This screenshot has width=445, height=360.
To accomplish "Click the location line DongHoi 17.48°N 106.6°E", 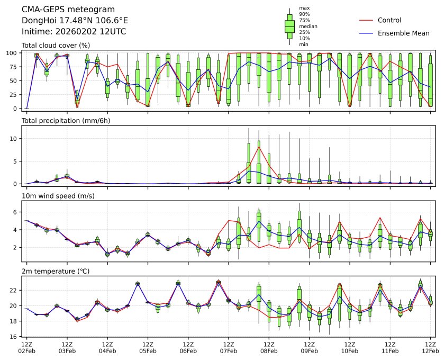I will [x=75, y=21].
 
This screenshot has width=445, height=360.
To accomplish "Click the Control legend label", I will [x=389, y=20].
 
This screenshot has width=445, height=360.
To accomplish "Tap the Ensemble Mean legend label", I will [x=403, y=33].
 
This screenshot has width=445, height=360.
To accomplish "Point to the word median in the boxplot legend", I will [x=308, y=26].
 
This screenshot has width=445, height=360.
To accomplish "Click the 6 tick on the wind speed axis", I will [x=16, y=212].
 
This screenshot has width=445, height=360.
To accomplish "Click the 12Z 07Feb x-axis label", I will [x=229, y=347].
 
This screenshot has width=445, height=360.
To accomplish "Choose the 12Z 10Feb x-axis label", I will [x=349, y=347].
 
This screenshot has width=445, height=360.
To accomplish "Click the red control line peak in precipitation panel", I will [x=259, y=147].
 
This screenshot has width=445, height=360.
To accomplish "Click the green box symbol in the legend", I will [x=289, y=25].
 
